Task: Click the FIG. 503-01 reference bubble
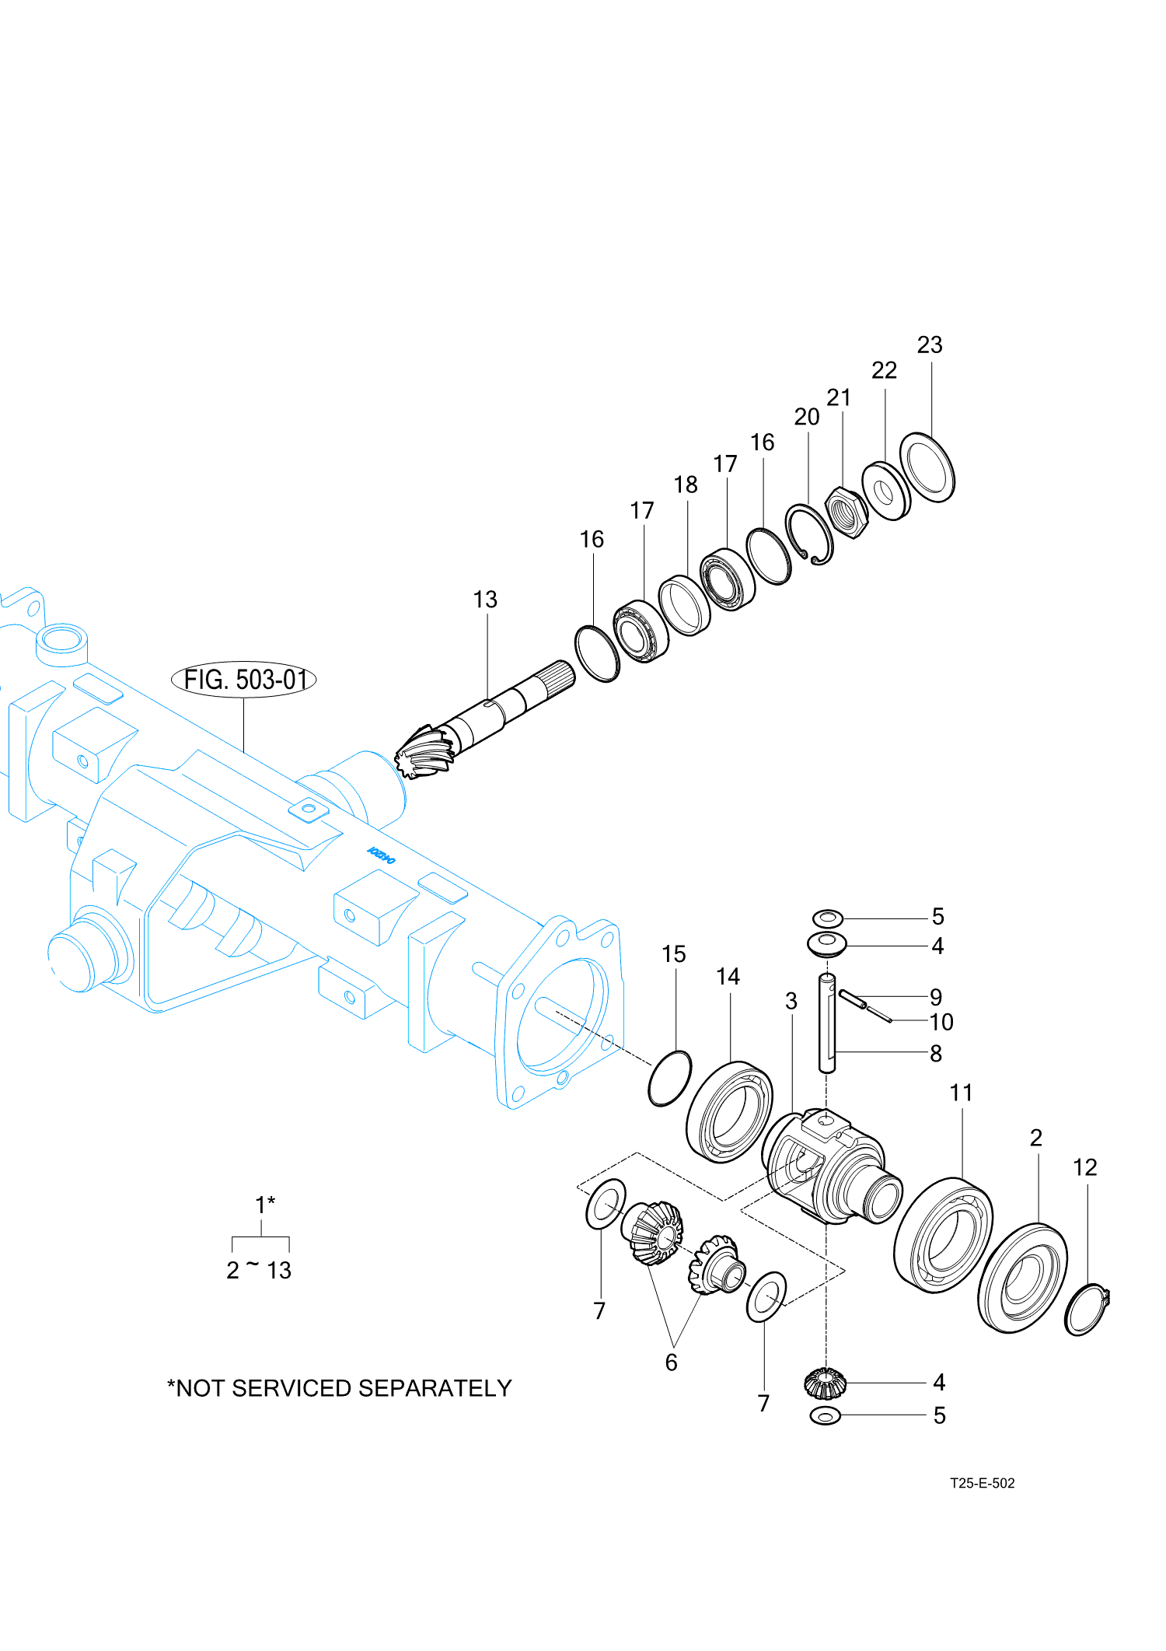pos(243,680)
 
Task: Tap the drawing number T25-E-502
pos(982,1483)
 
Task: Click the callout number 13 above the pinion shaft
pos(485,600)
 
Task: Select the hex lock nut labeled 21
pos(846,512)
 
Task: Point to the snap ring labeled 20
pos(809,534)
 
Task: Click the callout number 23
pos(930,345)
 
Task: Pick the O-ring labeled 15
pos(669,1078)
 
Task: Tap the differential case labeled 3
pos(828,1167)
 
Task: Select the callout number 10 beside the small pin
pos(941,1022)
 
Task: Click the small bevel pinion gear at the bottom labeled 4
pos(824,1383)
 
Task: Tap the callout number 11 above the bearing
pos(962,1093)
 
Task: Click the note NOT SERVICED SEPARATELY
pos(340,1388)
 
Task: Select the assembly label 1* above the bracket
pos(264,1205)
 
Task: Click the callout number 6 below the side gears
pos(672,1362)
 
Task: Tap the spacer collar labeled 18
pos(684,606)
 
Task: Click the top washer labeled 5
pos(828,918)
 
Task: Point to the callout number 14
pos(728,977)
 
